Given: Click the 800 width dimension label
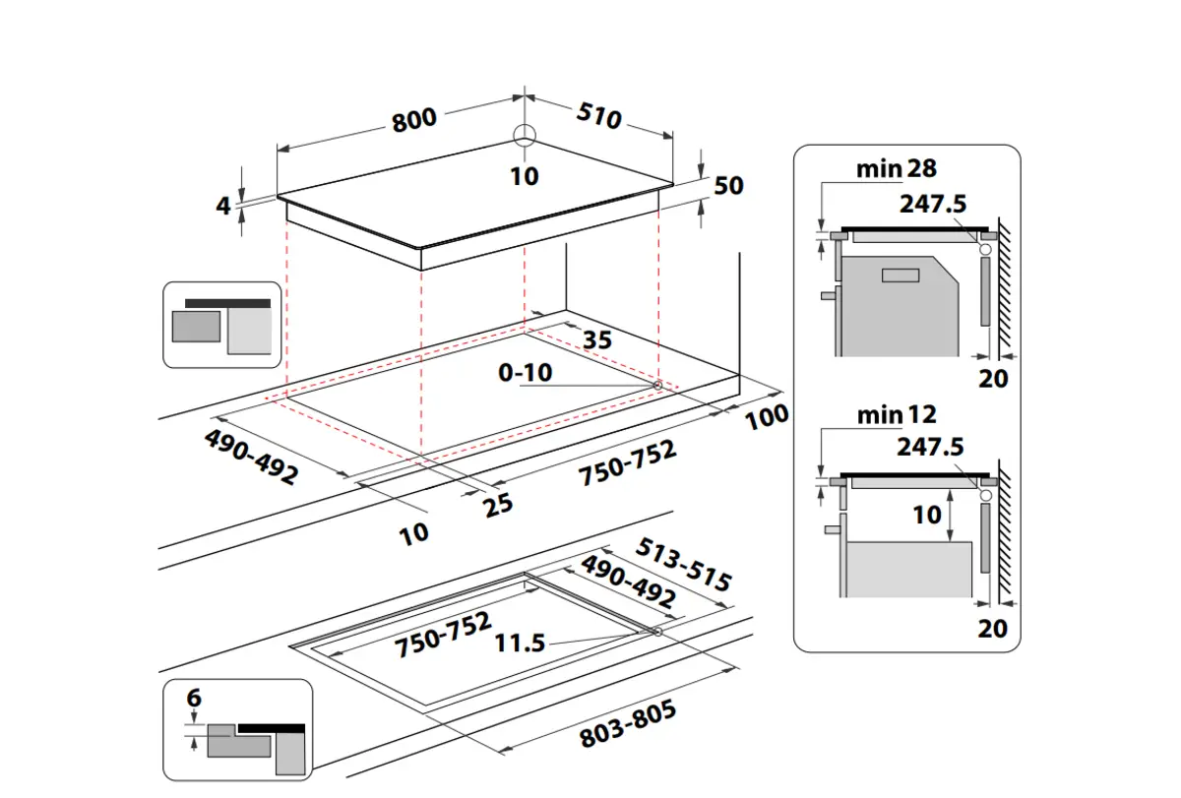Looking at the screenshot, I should pos(413,120).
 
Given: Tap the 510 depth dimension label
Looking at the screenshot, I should pos(598,117).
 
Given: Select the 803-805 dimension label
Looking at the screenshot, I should pos(628,725).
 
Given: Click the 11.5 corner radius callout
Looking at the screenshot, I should pos(520,644).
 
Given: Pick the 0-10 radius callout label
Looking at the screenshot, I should pos(526,373).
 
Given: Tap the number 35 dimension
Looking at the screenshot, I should pos(596,340).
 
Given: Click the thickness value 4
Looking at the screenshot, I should pos(223,206).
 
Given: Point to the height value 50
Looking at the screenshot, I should pos(729,185).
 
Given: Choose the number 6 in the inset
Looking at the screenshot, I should pos(194,699).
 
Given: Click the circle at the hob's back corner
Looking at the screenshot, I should pos(525,136).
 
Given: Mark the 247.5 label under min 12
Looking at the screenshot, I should pos(931,448).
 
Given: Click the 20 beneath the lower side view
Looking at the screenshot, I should pos(993,628).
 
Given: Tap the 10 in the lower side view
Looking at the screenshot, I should pos(926,515).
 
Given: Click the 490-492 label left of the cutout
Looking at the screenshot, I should pos(251,457).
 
